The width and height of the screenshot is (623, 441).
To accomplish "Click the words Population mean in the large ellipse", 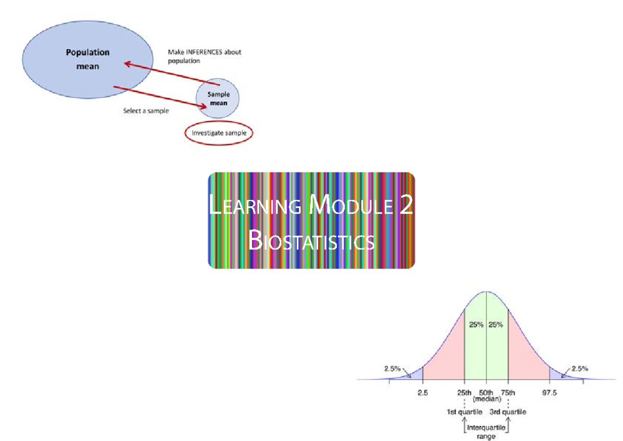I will (x=87, y=59).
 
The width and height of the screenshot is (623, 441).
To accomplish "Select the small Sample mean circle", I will (x=218, y=99).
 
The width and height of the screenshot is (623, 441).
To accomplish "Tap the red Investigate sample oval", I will (x=219, y=133).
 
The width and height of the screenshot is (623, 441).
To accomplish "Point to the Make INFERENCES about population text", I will (x=204, y=56).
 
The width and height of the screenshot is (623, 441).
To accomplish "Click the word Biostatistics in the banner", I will (x=311, y=241).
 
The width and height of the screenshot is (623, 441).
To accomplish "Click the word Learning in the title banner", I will (x=255, y=206).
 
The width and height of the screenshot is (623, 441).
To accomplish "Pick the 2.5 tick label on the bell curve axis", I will (x=423, y=393).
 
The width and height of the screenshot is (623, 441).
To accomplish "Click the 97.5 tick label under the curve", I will (x=549, y=393).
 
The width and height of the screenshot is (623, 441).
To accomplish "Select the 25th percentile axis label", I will (x=464, y=393).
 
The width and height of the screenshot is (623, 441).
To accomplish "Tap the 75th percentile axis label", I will (x=508, y=393).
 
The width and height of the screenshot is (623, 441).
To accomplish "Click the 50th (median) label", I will (x=486, y=396).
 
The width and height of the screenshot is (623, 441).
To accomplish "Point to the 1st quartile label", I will (x=465, y=412).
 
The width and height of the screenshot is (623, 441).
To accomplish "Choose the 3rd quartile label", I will (x=508, y=412).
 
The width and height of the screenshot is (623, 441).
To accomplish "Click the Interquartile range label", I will (x=486, y=432).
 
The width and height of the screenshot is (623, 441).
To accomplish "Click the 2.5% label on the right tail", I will (x=579, y=369).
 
